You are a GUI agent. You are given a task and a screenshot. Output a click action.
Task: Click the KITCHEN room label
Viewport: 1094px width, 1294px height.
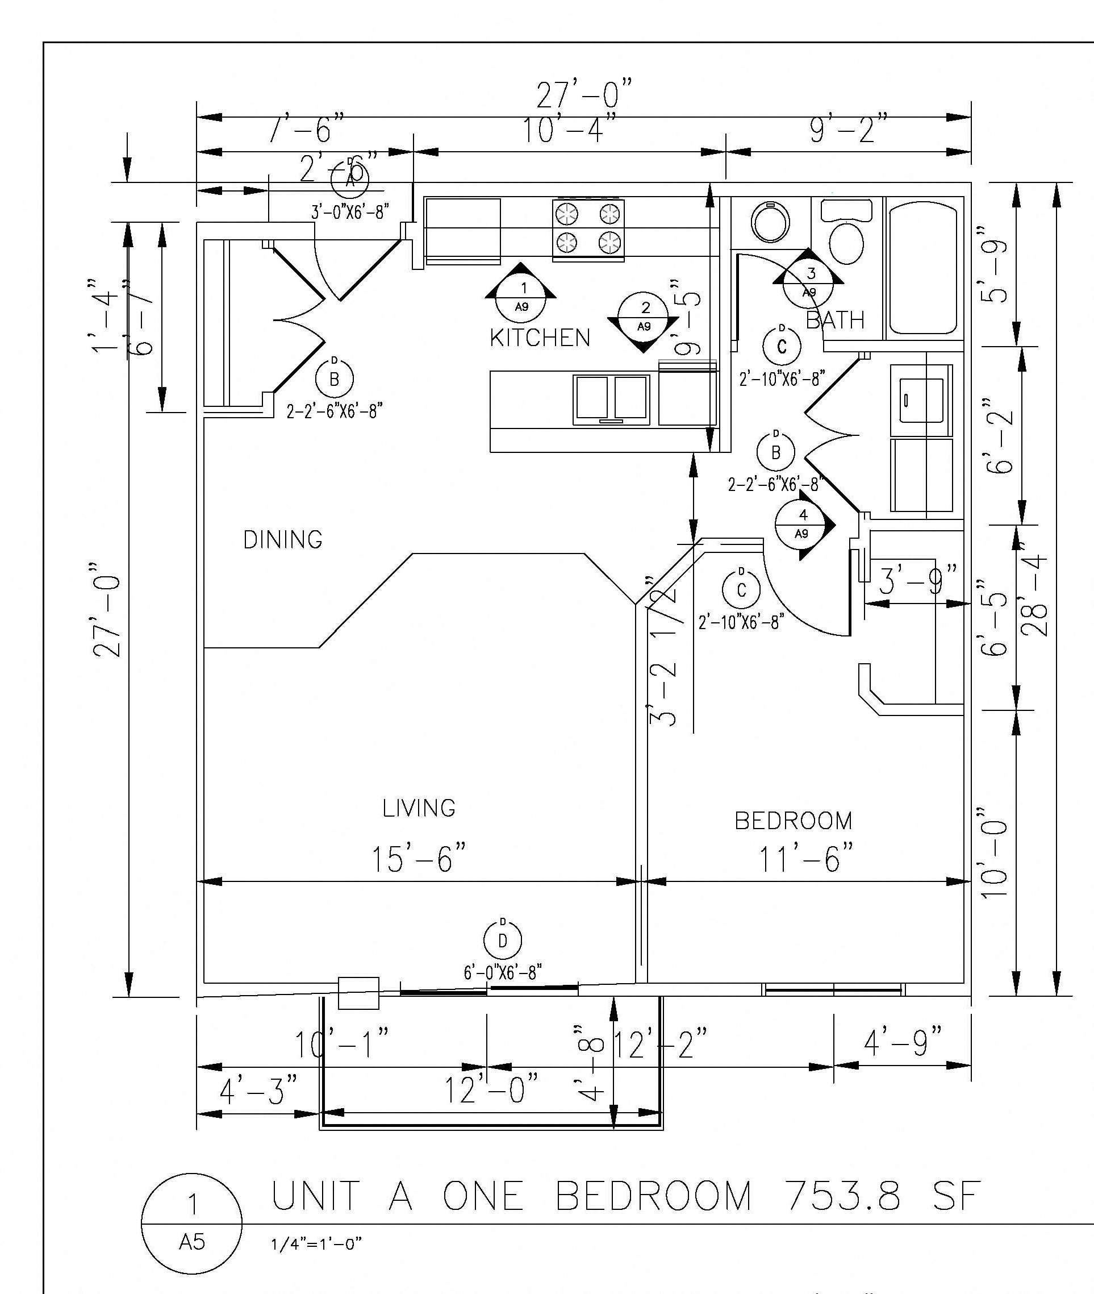[540, 338]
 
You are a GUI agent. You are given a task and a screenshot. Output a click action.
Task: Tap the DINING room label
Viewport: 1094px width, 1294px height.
[283, 540]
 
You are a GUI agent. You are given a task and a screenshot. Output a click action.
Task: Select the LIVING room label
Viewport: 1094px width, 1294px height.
[419, 808]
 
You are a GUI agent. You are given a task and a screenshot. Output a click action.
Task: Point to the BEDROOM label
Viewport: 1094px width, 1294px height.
[793, 821]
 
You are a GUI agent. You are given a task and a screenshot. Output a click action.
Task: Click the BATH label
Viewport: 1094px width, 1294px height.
[835, 320]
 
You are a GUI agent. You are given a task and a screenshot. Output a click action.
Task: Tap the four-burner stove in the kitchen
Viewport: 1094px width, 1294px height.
[588, 228]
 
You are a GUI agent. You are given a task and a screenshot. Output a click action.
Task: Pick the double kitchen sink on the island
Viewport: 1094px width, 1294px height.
[612, 400]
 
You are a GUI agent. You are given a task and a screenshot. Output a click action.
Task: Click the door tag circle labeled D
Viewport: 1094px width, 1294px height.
[502, 941]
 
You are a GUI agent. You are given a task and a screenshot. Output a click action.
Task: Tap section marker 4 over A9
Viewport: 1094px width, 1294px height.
[803, 524]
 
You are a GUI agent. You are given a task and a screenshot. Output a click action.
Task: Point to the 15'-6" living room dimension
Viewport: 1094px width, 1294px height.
[418, 859]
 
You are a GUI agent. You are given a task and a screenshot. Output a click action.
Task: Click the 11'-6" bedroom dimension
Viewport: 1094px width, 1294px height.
[806, 859]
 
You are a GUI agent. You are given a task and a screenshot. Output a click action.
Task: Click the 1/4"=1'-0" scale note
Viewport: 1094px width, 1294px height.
[316, 1245]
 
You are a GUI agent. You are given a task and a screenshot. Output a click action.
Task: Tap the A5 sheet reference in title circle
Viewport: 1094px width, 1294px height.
[191, 1242]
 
